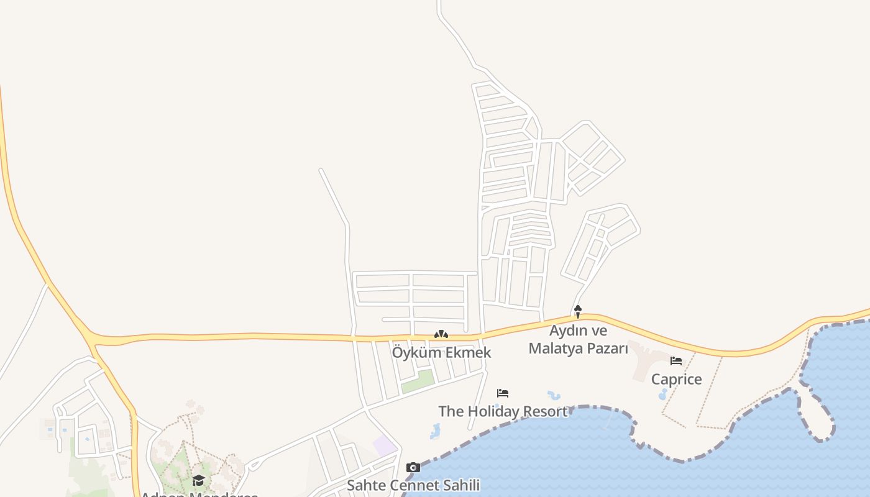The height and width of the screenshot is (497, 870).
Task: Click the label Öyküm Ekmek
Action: point(441,352)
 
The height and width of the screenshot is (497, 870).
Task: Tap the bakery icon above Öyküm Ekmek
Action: point(441,334)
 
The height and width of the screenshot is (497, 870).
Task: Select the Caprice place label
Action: point(676,379)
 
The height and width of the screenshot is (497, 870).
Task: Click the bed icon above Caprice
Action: point(676,360)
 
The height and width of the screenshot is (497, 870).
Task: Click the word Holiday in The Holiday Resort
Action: point(494,411)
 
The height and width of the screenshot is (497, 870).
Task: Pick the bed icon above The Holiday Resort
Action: point(503,393)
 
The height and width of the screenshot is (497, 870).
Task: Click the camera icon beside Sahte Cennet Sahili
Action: point(413,467)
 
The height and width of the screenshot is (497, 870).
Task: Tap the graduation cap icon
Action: point(198,480)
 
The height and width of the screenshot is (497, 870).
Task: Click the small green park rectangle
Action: point(418,381)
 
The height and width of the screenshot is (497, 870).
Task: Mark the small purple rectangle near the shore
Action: point(385,445)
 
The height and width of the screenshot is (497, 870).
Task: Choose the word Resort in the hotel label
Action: point(545,411)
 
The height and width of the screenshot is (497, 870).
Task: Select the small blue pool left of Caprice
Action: point(662,393)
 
